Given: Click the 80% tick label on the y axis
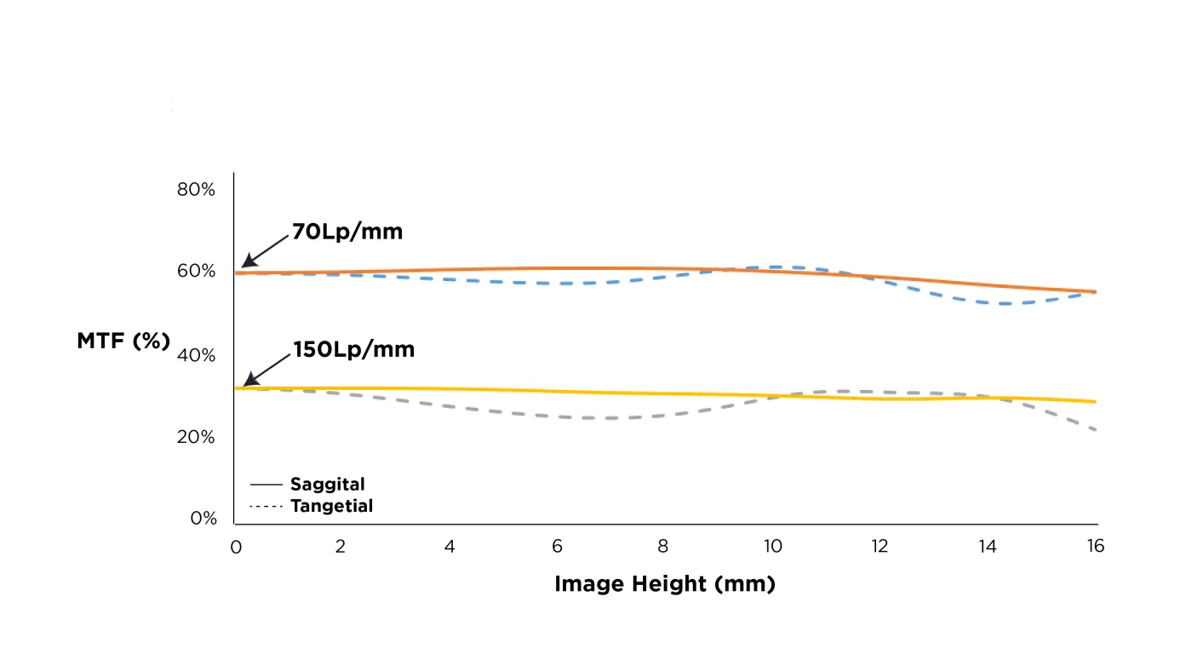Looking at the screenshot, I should click(196, 189).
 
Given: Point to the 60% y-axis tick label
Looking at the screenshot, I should click(196, 271).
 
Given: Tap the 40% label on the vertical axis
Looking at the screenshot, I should click(196, 355).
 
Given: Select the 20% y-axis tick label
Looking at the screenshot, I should click(196, 437).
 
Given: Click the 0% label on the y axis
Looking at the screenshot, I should click(203, 518).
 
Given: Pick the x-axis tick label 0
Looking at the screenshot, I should click(236, 547).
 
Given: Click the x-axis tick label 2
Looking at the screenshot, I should click(341, 547).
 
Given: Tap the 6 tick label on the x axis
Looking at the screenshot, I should click(557, 547).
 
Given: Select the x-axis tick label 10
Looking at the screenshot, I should click(771, 547).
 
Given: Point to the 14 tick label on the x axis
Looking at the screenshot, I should click(987, 547).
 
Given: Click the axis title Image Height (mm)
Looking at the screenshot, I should click(665, 584).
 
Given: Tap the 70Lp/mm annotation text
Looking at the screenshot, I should click(347, 232).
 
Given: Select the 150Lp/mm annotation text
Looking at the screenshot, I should click(353, 349).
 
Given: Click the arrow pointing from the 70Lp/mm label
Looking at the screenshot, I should click(266, 249).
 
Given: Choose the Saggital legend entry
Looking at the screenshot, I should click(327, 485).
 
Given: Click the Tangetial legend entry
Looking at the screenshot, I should click(331, 507).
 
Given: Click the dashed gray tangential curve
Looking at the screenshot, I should click(596, 418).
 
